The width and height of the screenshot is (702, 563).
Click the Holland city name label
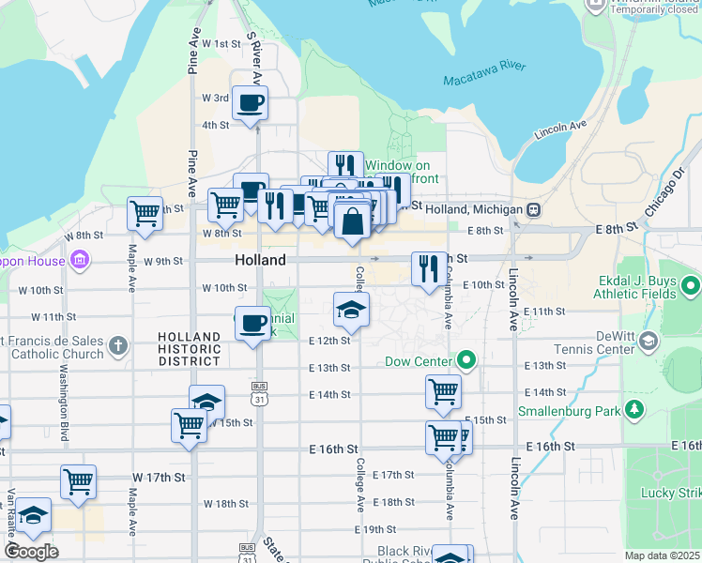[260, 260]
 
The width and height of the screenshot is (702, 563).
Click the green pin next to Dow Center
[465, 360]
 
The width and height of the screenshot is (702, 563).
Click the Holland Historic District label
[190, 349]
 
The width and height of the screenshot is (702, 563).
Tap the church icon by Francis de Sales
[117, 345]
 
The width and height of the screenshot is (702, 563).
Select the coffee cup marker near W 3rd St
[251, 104]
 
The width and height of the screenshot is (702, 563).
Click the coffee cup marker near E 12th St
[252, 325]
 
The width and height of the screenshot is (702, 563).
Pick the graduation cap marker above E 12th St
[352, 311]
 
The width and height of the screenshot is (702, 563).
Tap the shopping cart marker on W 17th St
[79, 482]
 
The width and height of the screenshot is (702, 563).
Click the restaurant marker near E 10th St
[429, 270]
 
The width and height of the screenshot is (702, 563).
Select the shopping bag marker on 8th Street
[352, 223]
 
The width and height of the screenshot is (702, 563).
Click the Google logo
[31, 552]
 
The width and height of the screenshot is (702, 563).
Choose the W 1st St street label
[216, 44]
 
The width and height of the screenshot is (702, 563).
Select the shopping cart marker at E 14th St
[443, 393]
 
